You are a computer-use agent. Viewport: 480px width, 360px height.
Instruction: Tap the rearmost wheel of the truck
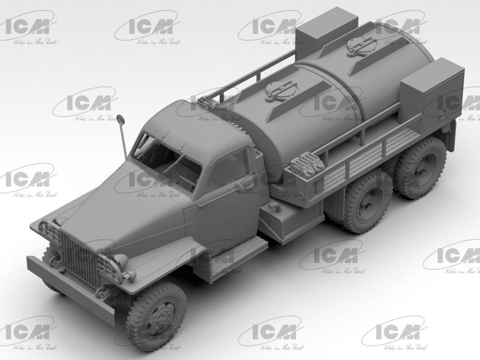[420, 167]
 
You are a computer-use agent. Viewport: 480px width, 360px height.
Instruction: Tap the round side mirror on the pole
[120, 119]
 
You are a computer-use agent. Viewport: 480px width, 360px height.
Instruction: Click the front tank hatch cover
[281, 90]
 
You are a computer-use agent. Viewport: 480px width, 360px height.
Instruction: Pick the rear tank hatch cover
[362, 46]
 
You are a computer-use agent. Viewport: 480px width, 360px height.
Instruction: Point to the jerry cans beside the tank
[307, 163]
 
